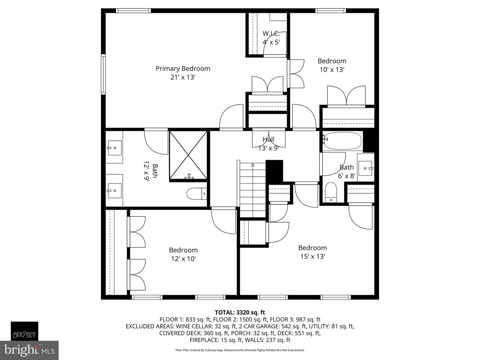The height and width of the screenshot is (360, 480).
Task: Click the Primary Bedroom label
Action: click(x=183, y=69)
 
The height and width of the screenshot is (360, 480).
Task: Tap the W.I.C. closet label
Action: click(x=271, y=34)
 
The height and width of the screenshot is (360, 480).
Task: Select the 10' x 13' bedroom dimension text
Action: click(x=332, y=70)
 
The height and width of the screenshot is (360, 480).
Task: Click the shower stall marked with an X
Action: click(x=188, y=155)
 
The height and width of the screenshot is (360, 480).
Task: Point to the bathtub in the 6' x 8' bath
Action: click(x=343, y=141)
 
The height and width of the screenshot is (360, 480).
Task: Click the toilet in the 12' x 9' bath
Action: click(x=197, y=194)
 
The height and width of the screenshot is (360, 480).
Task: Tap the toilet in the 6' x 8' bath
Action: click(x=331, y=192)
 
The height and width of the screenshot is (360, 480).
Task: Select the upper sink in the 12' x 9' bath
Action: click(x=114, y=148)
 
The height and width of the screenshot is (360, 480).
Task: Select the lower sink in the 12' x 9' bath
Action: click(x=114, y=190)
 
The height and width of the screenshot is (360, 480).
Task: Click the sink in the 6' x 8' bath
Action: click(x=366, y=168)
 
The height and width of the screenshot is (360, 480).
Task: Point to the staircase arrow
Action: click(x=253, y=165)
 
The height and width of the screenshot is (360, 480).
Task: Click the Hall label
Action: click(x=268, y=139)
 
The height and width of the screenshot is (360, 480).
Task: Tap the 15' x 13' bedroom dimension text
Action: click(x=312, y=256)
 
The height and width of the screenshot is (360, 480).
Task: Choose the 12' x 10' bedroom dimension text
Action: click(x=183, y=259)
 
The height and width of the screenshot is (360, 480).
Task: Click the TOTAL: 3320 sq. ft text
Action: click(x=240, y=312)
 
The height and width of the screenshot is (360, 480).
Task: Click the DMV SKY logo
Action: click(x=24, y=331)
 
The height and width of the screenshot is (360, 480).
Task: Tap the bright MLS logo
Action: click(x=29, y=350)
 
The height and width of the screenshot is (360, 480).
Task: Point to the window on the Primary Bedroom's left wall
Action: click(x=103, y=74)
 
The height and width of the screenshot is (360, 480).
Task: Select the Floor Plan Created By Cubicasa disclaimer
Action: click(x=240, y=350)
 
